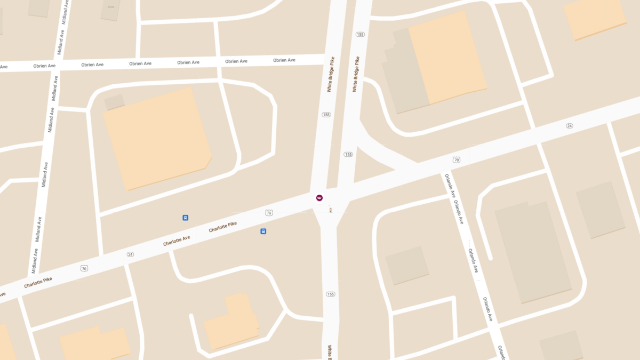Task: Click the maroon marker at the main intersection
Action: click(319, 198)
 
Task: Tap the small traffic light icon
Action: click(331, 210)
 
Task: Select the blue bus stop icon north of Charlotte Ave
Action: click(186, 218)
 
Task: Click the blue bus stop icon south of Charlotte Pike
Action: click(263, 231)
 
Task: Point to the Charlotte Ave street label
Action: click(177, 241)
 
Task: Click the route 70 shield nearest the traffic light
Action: click(269, 213)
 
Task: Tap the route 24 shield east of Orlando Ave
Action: click(570, 126)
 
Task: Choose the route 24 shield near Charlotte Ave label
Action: click(130, 254)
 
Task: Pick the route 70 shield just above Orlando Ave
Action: click(457, 159)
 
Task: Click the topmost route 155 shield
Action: click(360, 35)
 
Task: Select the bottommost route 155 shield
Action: click(330, 294)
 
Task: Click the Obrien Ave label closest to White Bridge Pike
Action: click(284, 60)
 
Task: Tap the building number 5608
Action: click(111, 7)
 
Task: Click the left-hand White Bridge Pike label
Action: click(331, 75)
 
